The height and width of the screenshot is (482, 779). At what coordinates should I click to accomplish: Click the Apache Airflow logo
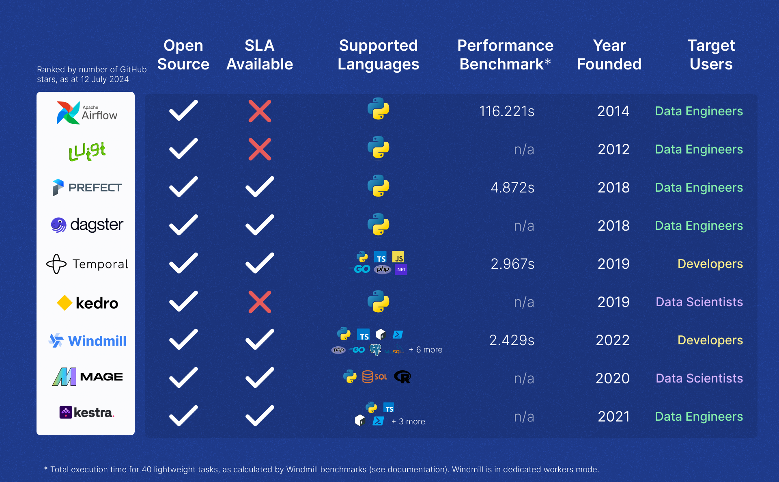(x=87, y=112)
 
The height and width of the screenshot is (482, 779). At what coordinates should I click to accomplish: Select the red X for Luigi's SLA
(x=260, y=149)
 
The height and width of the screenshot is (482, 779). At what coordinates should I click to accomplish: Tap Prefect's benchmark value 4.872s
(x=512, y=188)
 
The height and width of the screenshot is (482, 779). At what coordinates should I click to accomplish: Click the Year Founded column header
(x=609, y=55)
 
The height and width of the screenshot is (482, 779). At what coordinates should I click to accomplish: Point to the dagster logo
(x=87, y=225)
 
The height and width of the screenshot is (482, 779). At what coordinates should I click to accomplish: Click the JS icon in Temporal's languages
(x=398, y=257)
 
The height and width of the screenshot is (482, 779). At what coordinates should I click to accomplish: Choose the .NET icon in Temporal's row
(x=401, y=269)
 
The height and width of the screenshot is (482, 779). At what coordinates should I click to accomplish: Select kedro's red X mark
(x=260, y=302)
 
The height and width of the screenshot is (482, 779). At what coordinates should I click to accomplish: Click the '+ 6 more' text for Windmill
(x=426, y=350)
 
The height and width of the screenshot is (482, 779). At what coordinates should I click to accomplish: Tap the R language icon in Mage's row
(x=402, y=377)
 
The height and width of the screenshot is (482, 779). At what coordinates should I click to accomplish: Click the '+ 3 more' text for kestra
(x=408, y=421)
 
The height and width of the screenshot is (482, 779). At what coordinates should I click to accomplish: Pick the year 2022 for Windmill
(x=612, y=340)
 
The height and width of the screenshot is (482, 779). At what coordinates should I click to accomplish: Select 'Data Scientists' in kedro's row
(x=699, y=302)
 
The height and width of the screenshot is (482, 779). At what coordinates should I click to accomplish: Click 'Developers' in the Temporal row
(x=710, y=264)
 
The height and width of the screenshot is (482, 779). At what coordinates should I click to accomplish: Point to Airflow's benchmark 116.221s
(x=506, y=111)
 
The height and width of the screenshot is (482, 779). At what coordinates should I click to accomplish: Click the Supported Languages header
(x=378, y=55)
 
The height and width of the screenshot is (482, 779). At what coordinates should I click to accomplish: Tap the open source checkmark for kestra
(x=183, y=416)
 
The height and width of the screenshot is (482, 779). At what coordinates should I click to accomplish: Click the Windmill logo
(x=87, y=341)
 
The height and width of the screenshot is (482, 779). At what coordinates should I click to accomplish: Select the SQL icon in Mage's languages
(x=374, y=377)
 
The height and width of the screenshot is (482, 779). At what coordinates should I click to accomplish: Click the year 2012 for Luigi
(x=613, y=149)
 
